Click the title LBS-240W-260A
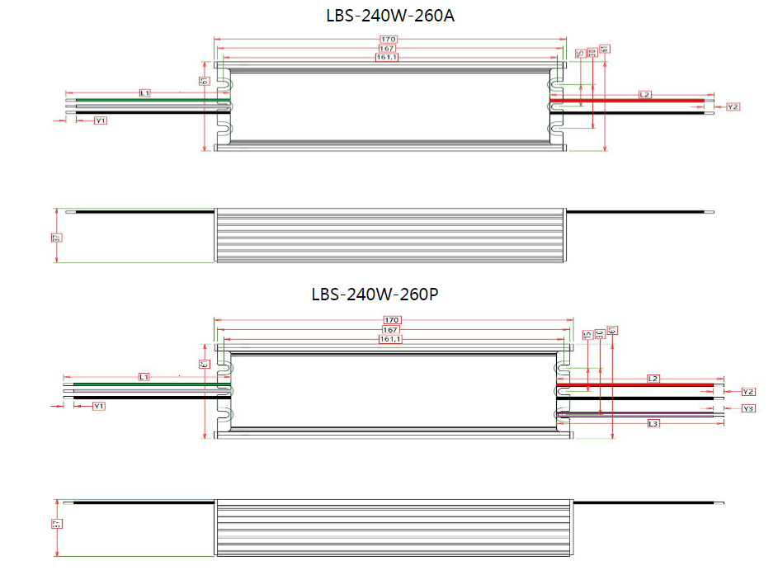(389, 16)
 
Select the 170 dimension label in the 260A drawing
(389, 40)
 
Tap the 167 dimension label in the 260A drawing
(389, 49)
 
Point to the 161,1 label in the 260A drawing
(389, 58)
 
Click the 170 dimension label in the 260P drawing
(391, 320)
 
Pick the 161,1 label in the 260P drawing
(390, 339)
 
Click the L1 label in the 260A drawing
(144, 93)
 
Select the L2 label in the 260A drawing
(645, 95)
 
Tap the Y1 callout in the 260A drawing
(101, 120)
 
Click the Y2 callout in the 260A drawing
(733, 107)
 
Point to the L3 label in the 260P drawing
(653, 423)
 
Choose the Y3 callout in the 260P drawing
(748, 408)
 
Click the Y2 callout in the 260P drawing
(748, 391)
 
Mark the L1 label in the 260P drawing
(144, 376)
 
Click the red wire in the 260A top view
(627, 101)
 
